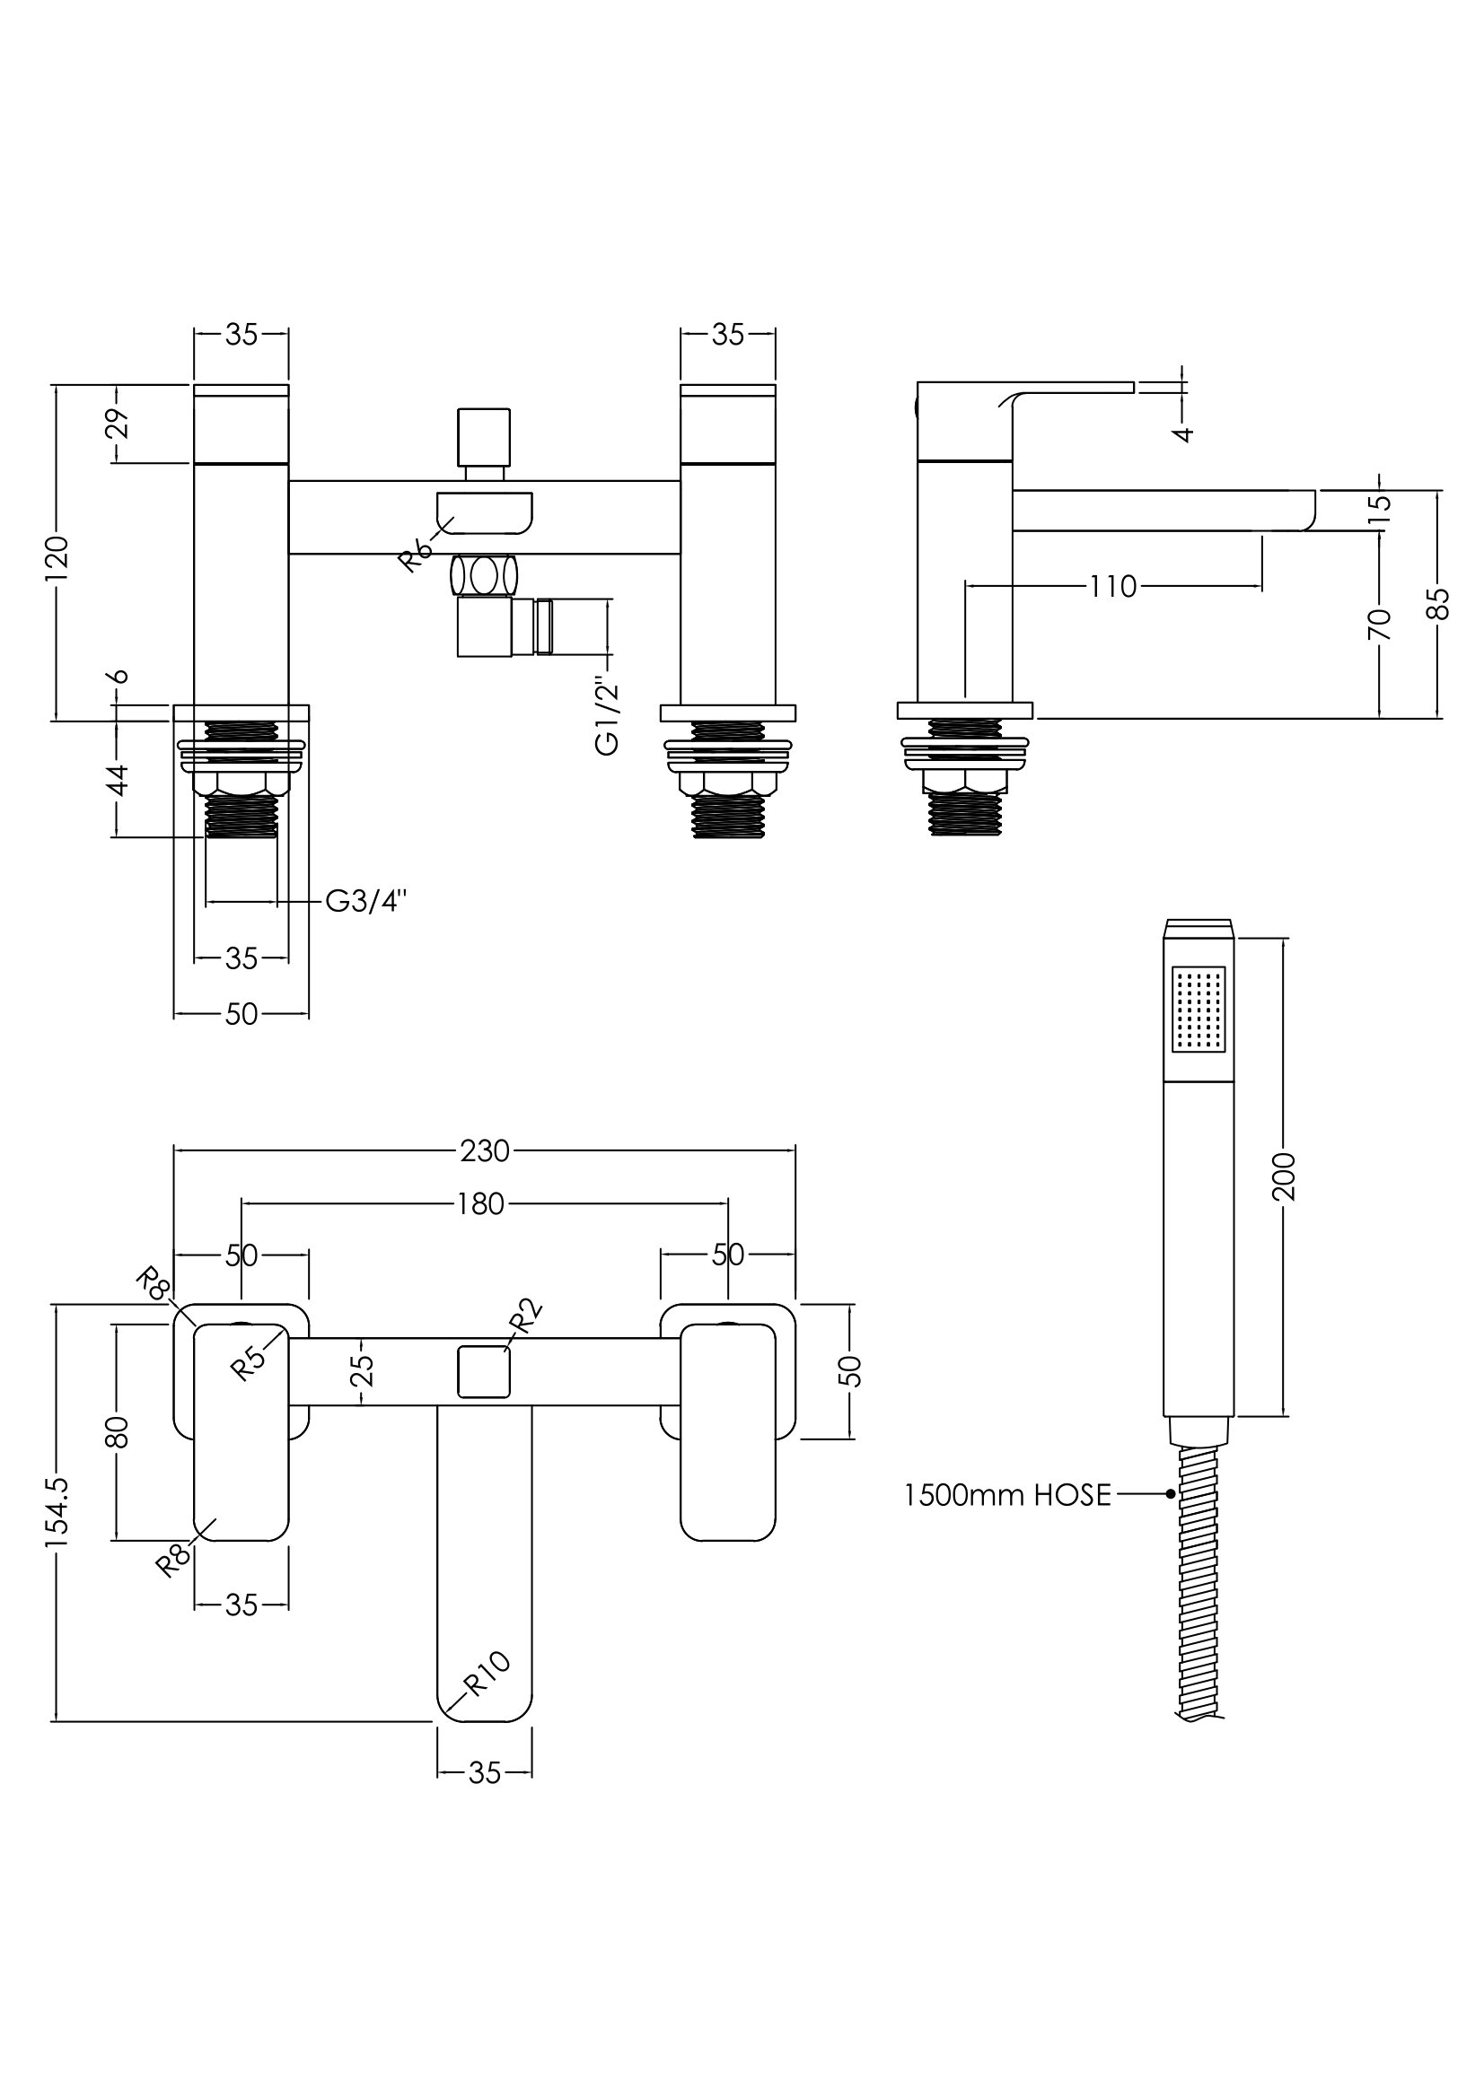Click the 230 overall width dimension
[x=484, y=1150]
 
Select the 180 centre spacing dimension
[x=482, y=1204]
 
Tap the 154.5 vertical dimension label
[x=57, y=1513]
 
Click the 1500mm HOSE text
[x=1006, y=1495]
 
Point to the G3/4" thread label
[x=365, y=901]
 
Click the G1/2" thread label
[x=606, y=716]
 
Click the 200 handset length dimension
[x=1284, y=1176]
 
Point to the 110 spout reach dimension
[x=1111, y=586]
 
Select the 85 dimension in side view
[x=1438, y=603]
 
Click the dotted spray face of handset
[x=1198, y=1009]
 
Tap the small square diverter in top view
[x=484, y=1371]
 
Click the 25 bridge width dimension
[x=363, y=1370]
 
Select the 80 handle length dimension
[x=117, y=1431]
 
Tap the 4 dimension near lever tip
[x=1183, y=433]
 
